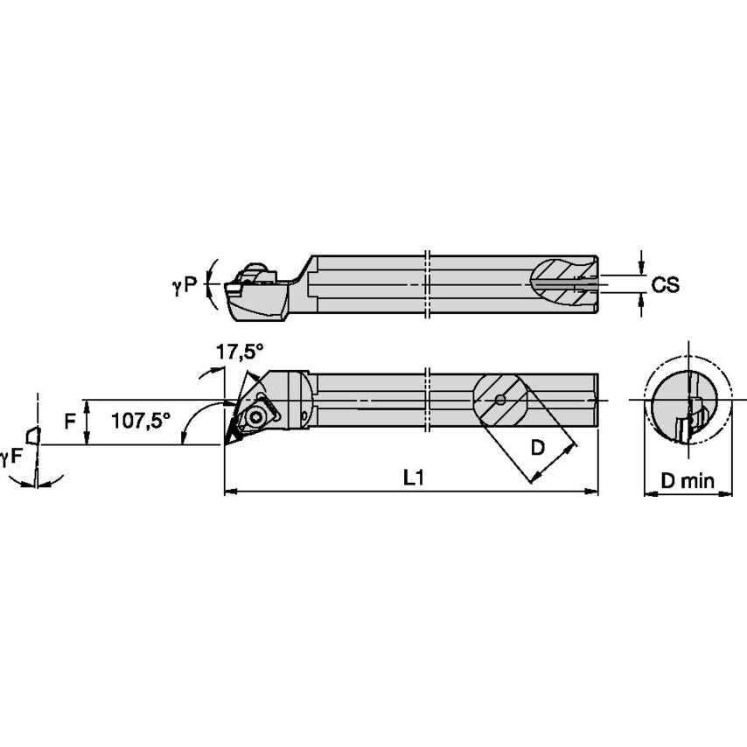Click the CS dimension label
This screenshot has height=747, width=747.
[x=665, y=285]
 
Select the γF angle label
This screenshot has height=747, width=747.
[x=11, y=456]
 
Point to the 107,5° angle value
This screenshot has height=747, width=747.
[x=141, y=421]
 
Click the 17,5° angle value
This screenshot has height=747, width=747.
[x=240, y=353]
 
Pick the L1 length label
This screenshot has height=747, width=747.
[x=413, y=477]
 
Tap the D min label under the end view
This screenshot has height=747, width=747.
[x=688, y=480]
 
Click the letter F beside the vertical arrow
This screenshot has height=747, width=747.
[x=70, y=422]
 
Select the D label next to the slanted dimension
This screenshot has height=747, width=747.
[x=538, y=447]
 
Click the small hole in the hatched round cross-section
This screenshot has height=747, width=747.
[x=499, y=401]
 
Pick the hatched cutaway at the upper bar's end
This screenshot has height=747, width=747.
[x=564, y=282]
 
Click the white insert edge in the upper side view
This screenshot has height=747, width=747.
[x=235, y=286]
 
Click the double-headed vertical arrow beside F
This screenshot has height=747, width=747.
[x=86, y=422]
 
